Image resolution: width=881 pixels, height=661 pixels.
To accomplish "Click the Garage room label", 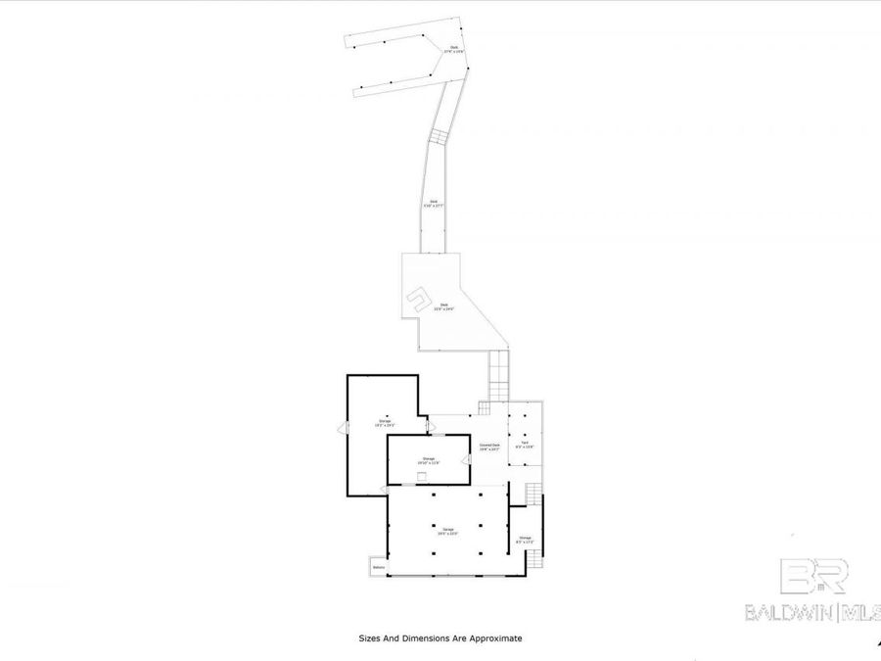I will pos(447,532).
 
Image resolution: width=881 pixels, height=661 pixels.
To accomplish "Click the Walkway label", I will pos(379,568).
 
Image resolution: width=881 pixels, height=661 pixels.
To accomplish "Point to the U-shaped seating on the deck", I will pos(418,296).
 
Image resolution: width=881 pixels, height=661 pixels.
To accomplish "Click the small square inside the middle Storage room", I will pos(421,476).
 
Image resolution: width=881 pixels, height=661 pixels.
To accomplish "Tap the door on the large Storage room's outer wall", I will pos(343,428).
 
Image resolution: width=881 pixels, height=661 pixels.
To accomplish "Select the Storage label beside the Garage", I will pos(525,538).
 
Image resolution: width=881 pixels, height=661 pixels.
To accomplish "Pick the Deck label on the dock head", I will pos(454,48).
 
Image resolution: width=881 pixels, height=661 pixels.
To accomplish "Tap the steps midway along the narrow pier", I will pos(440,136).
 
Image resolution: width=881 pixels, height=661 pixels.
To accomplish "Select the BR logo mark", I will pos(813,577).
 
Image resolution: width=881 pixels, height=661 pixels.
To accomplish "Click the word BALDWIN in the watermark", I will pos(786,613).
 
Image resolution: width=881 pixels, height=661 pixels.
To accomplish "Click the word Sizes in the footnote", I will pos(370,638).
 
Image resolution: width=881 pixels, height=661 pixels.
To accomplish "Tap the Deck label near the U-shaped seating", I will pos(443,307).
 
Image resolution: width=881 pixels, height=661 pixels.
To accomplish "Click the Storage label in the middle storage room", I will pos(429,458).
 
